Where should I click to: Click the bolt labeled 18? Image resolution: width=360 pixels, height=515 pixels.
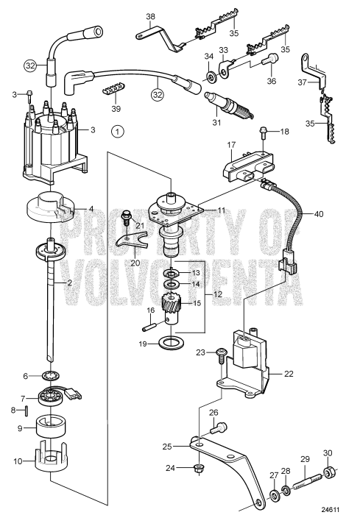tap(263, 133)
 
